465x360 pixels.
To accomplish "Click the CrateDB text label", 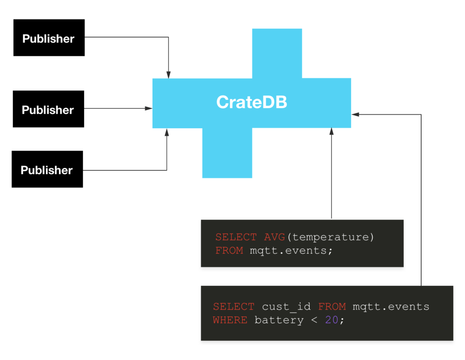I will point(252,102).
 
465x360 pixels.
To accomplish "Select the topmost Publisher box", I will point(49,38).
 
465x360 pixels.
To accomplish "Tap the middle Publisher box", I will point(48,109).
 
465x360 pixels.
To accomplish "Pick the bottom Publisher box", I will point(47,169).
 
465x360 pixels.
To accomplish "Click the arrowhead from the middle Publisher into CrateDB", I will point(148,108).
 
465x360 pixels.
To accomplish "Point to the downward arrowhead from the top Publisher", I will point(168,75).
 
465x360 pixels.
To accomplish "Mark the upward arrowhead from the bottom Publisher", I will point(167,132).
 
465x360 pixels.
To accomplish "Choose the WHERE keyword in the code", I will point(230,320).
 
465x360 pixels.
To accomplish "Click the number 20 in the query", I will point(332,320).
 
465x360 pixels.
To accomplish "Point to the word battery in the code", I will point(279,320).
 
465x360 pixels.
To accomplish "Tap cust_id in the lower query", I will point(286,306).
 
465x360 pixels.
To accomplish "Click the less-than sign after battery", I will point(314,320).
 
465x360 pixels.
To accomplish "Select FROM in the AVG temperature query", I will point(229,250).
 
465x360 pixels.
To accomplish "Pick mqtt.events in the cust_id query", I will point(391,306).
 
